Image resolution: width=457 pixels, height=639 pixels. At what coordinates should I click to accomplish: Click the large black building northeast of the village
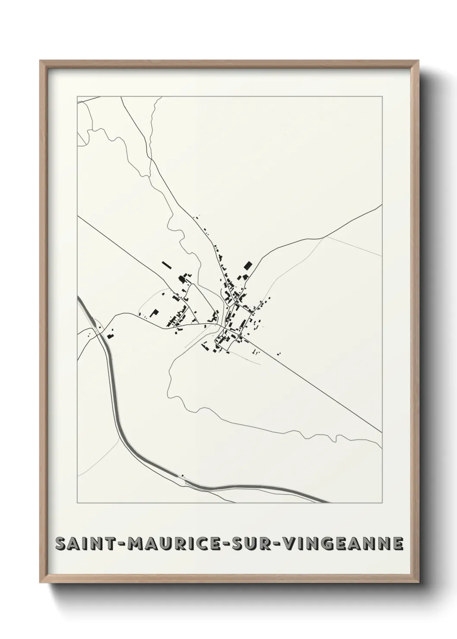248,265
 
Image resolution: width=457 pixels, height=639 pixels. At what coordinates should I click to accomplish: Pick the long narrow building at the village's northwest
166,265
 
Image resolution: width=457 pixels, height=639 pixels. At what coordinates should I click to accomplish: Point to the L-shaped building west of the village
155,313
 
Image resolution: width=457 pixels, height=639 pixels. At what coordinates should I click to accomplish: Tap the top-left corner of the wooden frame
40,61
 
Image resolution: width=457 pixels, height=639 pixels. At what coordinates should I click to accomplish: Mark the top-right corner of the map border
382,96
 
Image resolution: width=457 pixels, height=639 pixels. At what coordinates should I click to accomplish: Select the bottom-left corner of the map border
77,503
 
